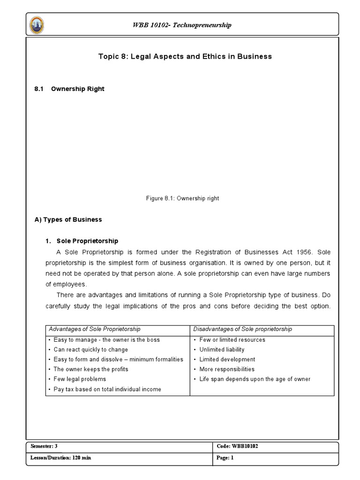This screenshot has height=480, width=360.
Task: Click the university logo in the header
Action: coord(37,24)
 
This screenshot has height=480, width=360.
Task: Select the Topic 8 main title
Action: coord(185,56)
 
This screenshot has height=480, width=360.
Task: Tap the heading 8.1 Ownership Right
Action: coord(69,89)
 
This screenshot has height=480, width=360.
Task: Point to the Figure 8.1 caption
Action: coord(182,198)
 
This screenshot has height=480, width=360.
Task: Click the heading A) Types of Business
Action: coord(68,219)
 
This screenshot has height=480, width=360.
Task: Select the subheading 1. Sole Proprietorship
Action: coord(82,241)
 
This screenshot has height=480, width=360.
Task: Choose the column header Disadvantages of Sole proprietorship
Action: coord(243,329)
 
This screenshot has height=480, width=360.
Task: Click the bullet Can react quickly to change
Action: coord(90,350)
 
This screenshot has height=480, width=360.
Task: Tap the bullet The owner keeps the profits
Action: coord(90,369)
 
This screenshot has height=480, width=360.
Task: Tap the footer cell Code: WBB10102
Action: coord(238,446)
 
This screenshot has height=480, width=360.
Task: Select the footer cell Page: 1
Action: coord(225,458)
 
